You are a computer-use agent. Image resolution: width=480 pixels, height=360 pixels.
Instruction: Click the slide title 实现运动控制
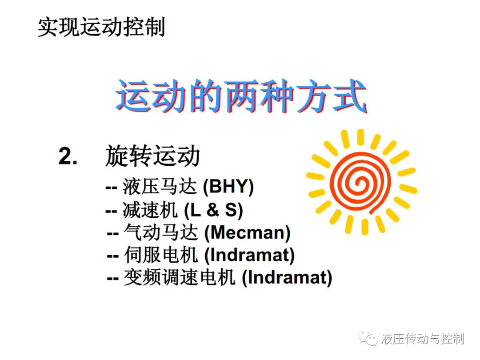point(101,27)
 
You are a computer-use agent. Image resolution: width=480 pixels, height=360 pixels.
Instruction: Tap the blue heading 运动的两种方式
point(241,96)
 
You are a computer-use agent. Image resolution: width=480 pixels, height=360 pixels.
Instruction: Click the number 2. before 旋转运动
point(68,156)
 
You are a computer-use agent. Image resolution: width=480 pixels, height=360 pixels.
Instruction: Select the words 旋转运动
point(152,156)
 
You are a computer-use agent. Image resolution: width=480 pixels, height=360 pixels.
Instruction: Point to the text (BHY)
point(228,186)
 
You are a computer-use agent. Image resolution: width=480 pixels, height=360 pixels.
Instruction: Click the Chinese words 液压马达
point(160,186)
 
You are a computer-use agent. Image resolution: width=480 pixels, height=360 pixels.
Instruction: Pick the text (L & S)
point(213,210)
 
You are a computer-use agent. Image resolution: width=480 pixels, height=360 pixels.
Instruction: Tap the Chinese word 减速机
point(150,210)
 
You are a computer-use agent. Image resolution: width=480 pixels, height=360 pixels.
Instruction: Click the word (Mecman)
point(247,232)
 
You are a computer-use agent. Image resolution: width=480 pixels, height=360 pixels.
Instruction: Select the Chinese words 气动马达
point(161,232)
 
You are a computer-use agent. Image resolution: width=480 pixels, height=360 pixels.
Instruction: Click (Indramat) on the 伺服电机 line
point(249,255)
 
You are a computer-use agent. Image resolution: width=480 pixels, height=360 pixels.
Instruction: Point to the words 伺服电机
point(161,255)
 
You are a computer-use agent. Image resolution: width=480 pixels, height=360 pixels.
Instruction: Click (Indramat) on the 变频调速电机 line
point(287,278)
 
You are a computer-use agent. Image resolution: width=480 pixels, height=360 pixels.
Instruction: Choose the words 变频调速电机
point(180,277)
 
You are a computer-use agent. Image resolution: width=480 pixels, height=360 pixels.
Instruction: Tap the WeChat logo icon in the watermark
point(368,338)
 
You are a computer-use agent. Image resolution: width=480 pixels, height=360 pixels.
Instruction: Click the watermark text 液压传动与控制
point(423,339)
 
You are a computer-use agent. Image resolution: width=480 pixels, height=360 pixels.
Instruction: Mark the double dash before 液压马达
point(112,188)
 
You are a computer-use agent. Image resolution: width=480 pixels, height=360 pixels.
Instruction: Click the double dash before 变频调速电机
point(112,279)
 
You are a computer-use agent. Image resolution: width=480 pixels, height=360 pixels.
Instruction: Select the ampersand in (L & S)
point(213,210)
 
